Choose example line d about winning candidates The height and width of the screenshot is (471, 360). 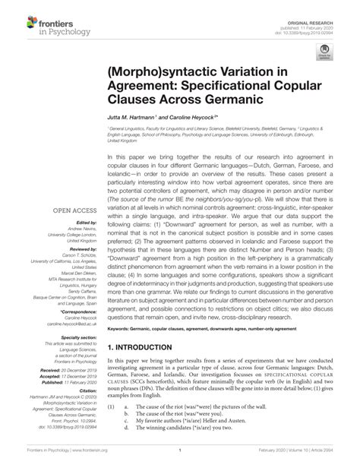[184, 447]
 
